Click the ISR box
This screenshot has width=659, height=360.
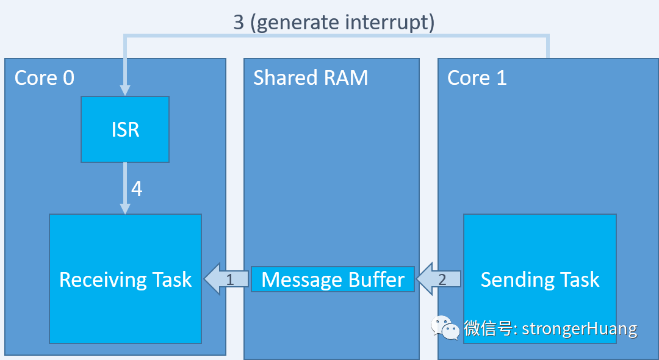pyautogui.click(x=125, y=129)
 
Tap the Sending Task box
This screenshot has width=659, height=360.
pyautogui.click(x=539, y=244)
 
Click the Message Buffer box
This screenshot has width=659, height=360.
pyautogui.click(x=333, y=279)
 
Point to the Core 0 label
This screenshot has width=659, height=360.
pyautogui.click(x=45, y=77)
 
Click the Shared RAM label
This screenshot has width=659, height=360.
pyautogui.click(x=311, y=77)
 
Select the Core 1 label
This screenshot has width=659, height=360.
pyautogui.click(x=477, y=77)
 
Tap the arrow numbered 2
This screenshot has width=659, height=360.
pyautogui.click(x=439, y=279)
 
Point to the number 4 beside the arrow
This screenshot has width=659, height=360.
pyautogui.click(x=137, y=189)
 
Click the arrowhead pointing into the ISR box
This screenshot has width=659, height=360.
pyautogui.click(x=125, y=90)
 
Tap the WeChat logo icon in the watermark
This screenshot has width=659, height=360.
pyautogui.click(x=445, y=328)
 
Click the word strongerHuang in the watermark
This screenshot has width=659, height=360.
pyautogui.click(x=580, y=329)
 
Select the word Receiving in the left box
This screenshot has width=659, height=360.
pyautogui.click(x=102, y=279)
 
